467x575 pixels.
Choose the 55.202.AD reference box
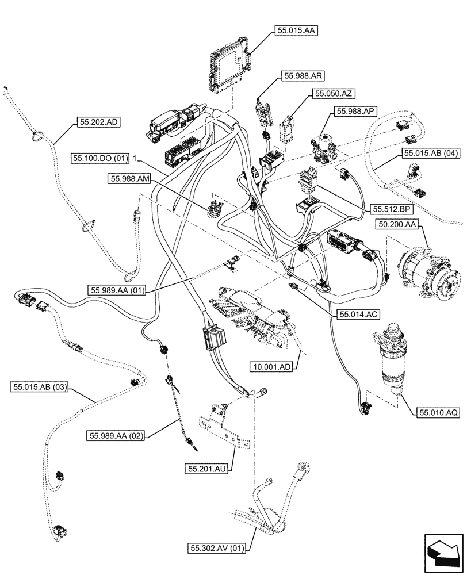[x=98, y=122]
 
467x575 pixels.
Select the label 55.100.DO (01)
[x=101, y=157]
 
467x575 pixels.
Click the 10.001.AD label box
[x=271, y=366]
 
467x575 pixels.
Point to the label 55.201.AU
[x=206, y=470]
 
